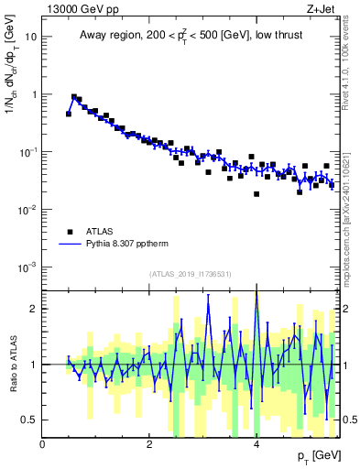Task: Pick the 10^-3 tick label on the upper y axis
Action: click(29, 267)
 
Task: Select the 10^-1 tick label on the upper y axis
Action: click(29, 152)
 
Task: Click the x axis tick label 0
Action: click(42, 444)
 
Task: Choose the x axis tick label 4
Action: click(256, 444)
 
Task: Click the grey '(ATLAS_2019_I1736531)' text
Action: click(190, 274)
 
